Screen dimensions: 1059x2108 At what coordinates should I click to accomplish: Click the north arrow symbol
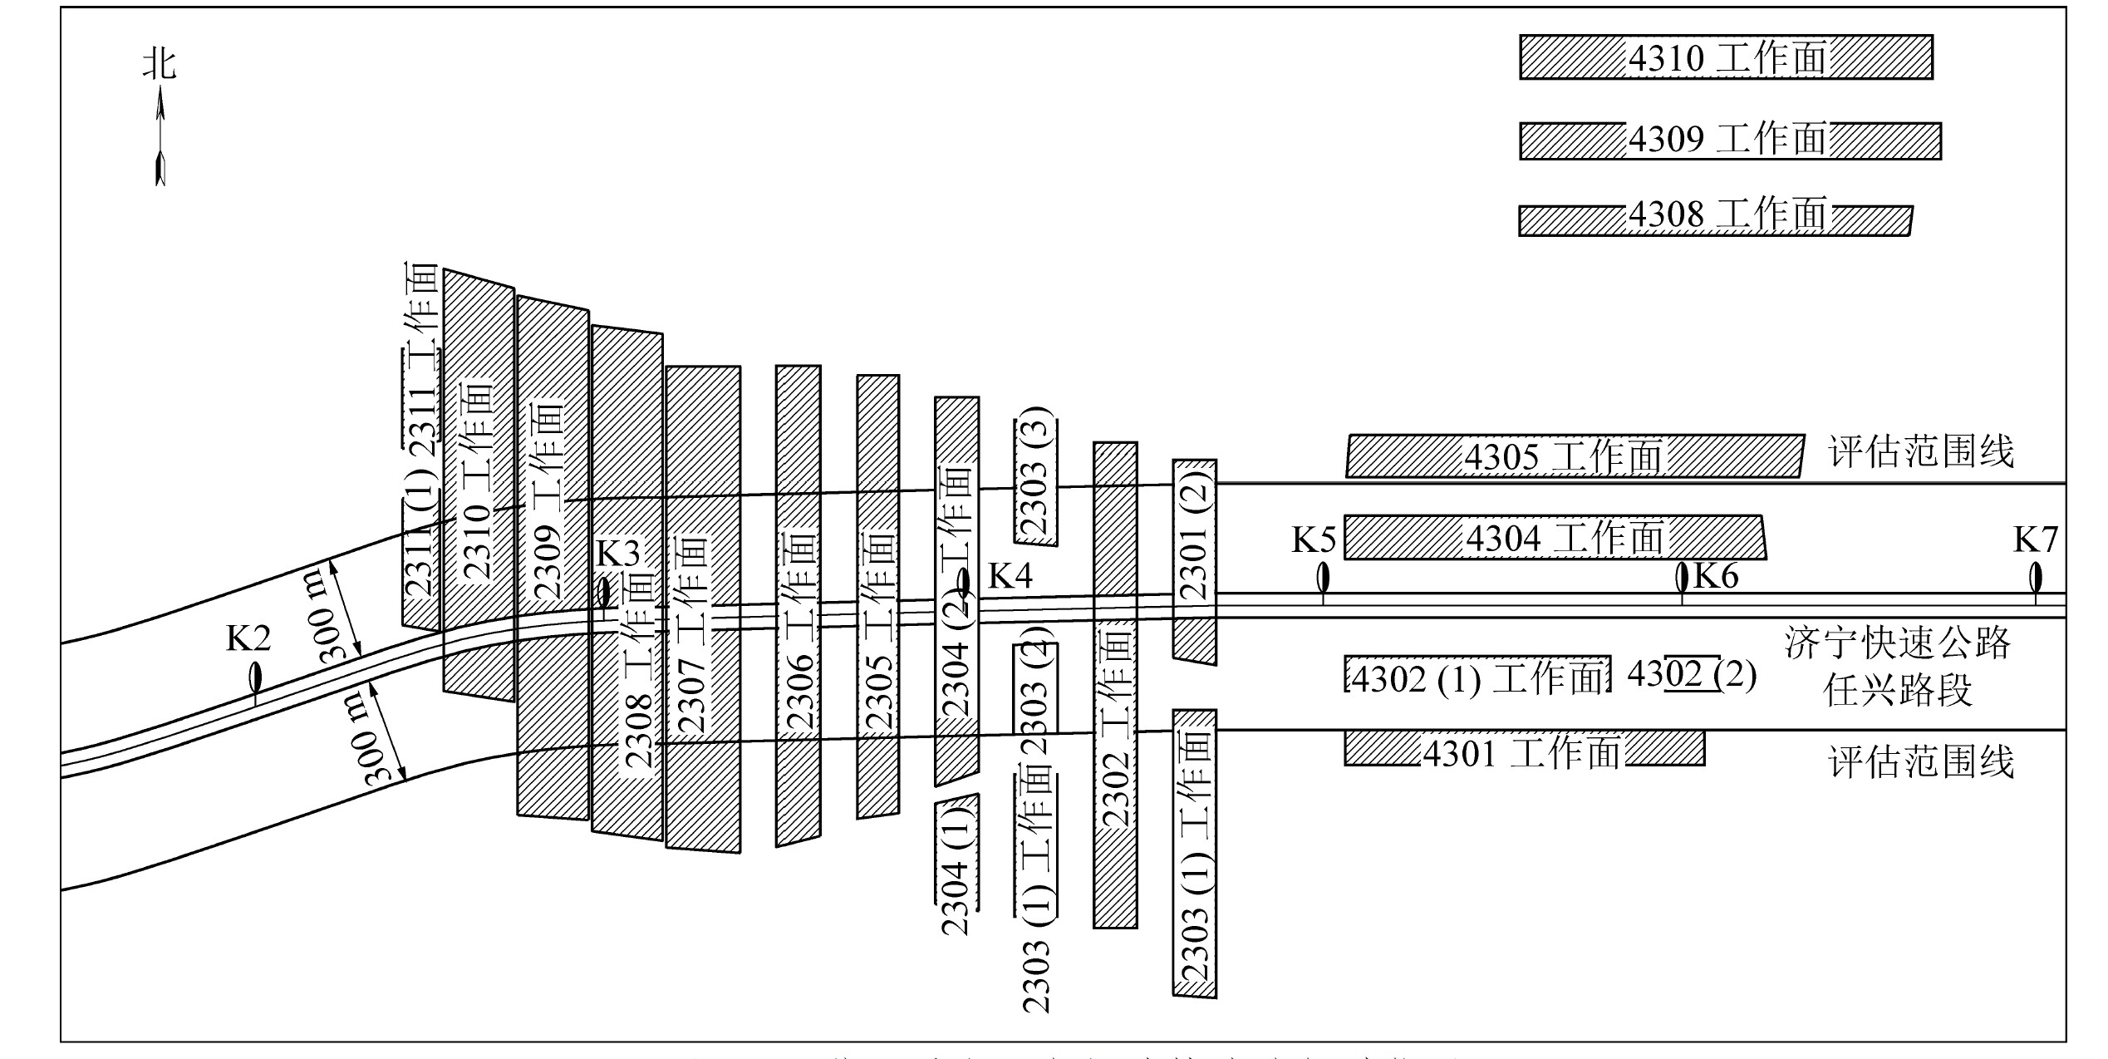160,137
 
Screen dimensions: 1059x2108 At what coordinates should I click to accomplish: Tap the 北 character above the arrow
160,63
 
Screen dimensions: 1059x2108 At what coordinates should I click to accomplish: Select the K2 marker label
248,638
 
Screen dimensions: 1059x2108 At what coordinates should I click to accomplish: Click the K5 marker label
1313,540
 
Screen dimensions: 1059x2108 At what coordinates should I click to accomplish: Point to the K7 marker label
2035,540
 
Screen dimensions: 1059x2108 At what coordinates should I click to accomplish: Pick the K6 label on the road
1716,575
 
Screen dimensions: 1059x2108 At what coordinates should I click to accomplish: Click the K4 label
1010,575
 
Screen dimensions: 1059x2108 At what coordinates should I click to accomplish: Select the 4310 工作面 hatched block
1726,57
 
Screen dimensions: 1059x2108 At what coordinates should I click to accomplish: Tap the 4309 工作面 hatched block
1730,140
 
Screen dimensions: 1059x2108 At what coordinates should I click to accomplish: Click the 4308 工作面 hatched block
1715,219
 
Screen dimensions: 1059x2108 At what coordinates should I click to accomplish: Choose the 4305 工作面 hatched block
1575,456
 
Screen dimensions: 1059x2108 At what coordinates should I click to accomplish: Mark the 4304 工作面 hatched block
1554,537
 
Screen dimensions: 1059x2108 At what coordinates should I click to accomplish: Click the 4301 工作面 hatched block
1524,748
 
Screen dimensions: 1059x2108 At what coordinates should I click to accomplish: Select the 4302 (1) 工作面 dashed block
1477,675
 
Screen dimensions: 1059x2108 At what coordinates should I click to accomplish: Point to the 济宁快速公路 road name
1897,643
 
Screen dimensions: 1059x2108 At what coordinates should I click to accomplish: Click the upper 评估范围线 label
1921,453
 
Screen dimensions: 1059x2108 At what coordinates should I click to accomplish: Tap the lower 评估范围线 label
1921,762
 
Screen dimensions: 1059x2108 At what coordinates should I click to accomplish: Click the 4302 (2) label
1692,674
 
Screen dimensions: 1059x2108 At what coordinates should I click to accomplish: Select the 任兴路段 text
1897,689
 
